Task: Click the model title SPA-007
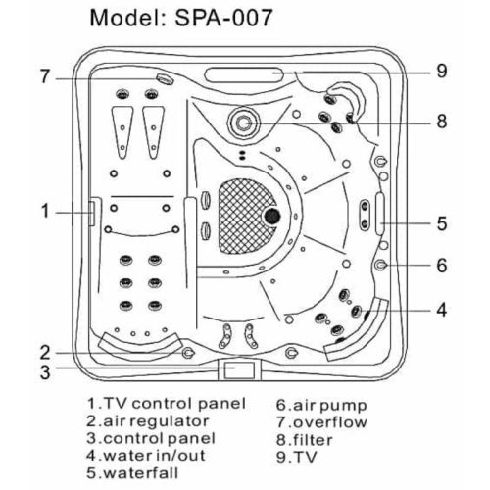(x=223, y=18)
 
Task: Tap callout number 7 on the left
(x=45, y=76)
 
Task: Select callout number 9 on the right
(x=442, y=71)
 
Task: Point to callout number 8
(x=442, y=122)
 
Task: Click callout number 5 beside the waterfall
(x=442, y=223)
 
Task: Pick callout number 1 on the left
(x=45, y=211)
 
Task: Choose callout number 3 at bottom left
(x=45, y=371)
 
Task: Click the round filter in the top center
(x=244, y=122)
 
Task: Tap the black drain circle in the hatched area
(x=271, y=216)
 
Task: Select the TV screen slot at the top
(x=243, y=74)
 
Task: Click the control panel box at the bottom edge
(x=239, y=369)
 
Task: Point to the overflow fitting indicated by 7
(x=165, y=78)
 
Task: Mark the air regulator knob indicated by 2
(x=188, y=353)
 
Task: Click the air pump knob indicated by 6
(x=380, y=265)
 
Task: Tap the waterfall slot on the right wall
(x=380, y=214)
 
